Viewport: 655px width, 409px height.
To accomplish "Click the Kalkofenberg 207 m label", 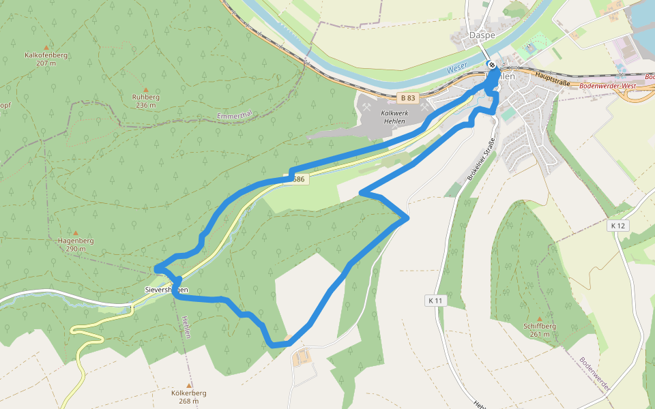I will pos(46,59).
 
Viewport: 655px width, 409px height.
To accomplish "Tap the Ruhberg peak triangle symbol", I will pos(145,90).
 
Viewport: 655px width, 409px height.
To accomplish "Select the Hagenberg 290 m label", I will pos(75,245).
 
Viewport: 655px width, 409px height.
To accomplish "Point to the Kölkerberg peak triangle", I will pos(189,385).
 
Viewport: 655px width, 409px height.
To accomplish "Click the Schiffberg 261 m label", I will pos(539,330).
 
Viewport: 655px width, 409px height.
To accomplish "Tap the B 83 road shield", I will pos(407,98).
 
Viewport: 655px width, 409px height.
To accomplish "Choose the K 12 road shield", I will pos(618,225).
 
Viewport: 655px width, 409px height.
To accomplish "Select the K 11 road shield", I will pos(435,300).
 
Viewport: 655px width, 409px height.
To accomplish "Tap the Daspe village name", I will pos(482,35).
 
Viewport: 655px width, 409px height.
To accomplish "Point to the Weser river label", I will pos(456,70).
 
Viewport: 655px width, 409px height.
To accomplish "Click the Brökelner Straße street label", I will pos(480,158).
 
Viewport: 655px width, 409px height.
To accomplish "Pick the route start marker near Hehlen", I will pos(491,65).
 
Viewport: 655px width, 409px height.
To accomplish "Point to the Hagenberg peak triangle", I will pos(75,233).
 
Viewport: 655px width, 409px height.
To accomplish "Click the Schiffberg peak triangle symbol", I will pos(539,318).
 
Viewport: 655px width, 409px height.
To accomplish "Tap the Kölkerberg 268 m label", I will pos(189,397).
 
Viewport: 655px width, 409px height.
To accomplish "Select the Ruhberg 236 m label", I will pos(146,101).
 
